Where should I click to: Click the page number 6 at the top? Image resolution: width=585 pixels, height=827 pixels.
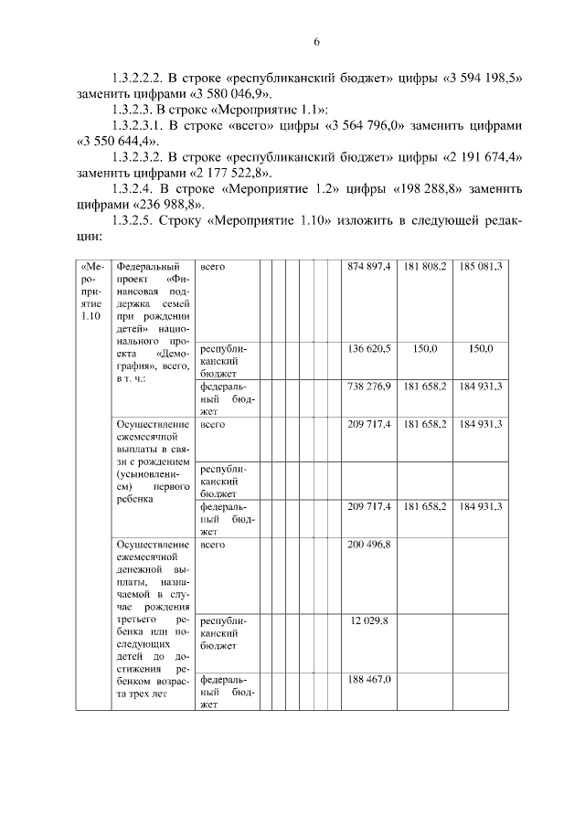[x=316, y=42]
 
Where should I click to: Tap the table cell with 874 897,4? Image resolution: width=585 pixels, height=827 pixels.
[x=369, y=266]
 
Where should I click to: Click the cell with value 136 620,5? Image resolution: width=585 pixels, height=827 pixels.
[x=369, y=348]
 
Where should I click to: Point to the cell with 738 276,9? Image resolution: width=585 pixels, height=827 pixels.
[x=369, y=387]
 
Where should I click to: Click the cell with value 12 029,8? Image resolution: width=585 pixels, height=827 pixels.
[x=369, y=620]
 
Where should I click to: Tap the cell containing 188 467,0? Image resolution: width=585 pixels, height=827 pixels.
[x=369, y=679]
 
